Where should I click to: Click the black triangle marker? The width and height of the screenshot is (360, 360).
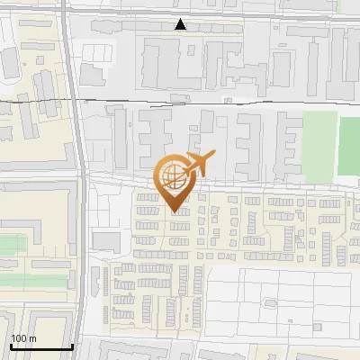182,24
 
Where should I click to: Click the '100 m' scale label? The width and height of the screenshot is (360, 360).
23,338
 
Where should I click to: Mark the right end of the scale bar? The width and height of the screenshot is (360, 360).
72,346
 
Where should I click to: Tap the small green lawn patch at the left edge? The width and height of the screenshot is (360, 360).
13,245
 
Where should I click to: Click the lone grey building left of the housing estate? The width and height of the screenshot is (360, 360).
106,241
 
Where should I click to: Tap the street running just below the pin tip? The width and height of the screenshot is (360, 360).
225,217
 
